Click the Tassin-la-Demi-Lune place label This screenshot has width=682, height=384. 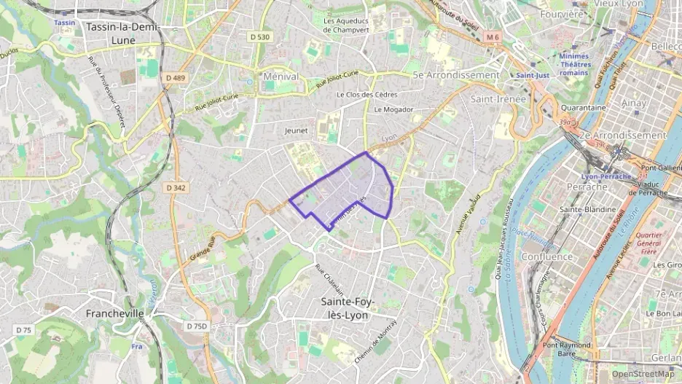click(122, 33)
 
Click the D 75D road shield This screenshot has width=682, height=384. click(196, 326)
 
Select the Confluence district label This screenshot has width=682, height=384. click(547, 256)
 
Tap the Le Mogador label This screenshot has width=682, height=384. click(393, 110)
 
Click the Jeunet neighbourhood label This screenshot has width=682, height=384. click(296, 130)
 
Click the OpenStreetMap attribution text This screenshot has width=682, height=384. click(643, 374)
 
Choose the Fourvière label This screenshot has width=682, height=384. click(562, 14)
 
